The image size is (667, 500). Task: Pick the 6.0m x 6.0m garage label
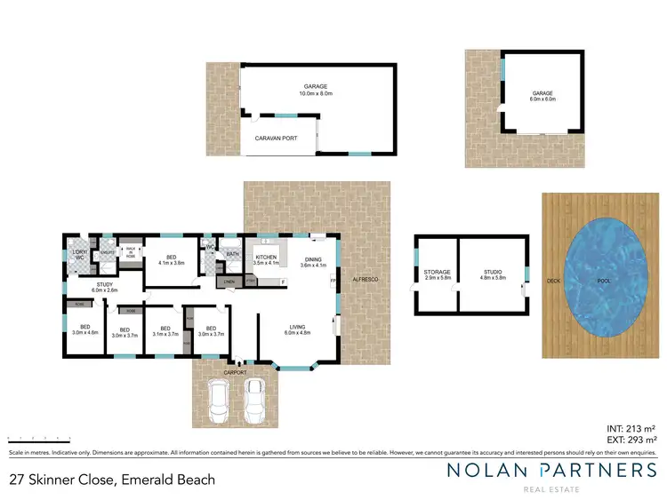[x=542, y=96]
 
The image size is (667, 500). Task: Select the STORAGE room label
[x=437, y=274]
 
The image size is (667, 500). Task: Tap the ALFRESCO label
[x=366, y=280]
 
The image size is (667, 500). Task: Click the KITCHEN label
[x=267, y=259]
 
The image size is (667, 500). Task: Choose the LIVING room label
[x=296, y=329]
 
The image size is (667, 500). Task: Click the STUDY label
[x=104, y=287]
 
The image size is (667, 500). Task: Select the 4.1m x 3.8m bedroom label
[x=171, y=259]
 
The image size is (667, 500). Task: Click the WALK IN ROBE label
[x=130, y=251]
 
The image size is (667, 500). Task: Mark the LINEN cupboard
[x=229, y=282]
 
